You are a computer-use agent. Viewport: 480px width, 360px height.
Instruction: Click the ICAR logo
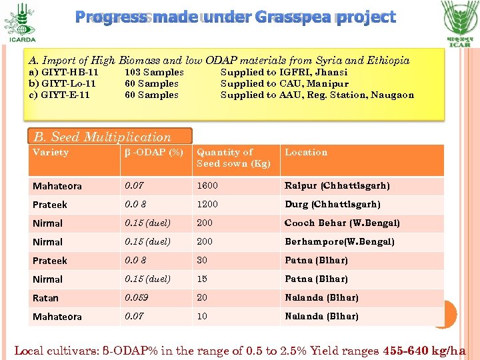pyautogui.click(x=459, y=23)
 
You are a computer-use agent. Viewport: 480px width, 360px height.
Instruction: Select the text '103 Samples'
pyautogui.click(x=154, y=72)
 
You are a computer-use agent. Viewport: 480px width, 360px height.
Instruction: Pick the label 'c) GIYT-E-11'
pyautogui.click(x=59, y=95)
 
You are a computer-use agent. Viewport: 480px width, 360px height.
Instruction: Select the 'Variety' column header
pyautogui.click(x=51, y=153)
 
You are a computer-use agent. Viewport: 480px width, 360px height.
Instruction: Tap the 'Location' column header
pyautogui.click(x=306, y=153)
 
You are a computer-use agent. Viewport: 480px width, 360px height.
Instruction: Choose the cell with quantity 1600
pyautogui.click(x=207, y=186)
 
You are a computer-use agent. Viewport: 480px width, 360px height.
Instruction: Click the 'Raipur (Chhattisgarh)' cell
pyautogui.click(x=337, y=186)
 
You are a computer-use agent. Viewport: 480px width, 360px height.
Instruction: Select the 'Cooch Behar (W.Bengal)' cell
pyautogui.click(x=342, y=223)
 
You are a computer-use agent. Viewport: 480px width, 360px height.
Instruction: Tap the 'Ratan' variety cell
pyautogui.click(x=45, y=298)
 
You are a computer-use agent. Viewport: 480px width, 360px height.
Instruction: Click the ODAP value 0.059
pyautogui.click(x=137, y=298)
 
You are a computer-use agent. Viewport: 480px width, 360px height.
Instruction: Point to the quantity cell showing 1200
pyautogui.click(x=207, y=205)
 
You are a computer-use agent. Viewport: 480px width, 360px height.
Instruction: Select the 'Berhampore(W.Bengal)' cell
pyautogui.click(x=339, y=242)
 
